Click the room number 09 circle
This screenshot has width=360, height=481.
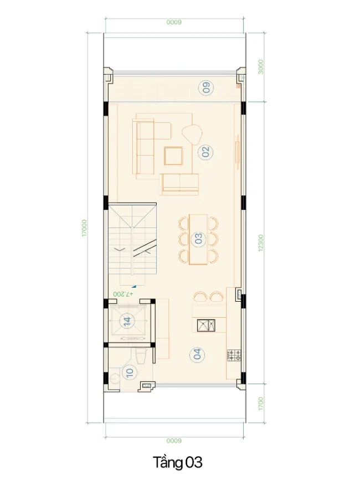(x=206, y=88)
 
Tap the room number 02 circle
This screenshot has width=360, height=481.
(x=205, y=152)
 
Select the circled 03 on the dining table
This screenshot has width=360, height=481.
(x=199, y=239)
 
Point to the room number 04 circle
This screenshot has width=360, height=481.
(x=197, y=354)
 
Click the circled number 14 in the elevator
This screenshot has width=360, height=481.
(x=127, y=321)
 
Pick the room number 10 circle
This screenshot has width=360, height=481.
(x=129, y=373)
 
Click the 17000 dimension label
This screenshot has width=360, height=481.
(x=84, y=228)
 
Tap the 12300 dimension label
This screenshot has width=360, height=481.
(x=260, y=243)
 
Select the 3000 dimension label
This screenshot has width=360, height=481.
(x=260, y=66)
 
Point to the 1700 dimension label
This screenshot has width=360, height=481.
(x=260, y=404)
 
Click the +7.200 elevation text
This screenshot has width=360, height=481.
(x=123, y=294)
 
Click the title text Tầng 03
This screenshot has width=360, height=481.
(x=178, y=463)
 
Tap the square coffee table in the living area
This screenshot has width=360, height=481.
(x=173, y=156)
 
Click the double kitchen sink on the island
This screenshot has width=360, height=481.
(x=206, y=325)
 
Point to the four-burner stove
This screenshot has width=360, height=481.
(x=234, y=355)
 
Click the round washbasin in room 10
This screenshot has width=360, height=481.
(x=115, y=377)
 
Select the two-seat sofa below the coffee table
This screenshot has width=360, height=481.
(x=180, y=184)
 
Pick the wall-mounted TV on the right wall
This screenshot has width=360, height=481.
(x=237, y=152)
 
